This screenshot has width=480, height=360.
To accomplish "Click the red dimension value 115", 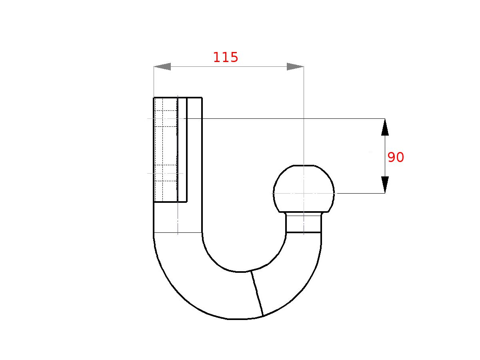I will pyautogui.click(x=225, y=58).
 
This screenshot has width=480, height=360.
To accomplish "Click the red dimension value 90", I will pyautogui.click(x=396, y=158).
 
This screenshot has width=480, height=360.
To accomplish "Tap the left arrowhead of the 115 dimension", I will pyautogui.click(x=162, y=67).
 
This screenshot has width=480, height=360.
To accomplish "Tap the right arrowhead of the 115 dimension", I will pyautogui.click(x=295, y=67).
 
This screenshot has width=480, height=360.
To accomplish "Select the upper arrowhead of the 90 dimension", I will pyautogui.click(x=385, y=127).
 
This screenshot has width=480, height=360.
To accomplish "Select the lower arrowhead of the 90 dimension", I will pyautogui.click(x=385, y=185).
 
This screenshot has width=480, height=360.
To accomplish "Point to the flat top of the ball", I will pyautogui.click(x=304, y=165).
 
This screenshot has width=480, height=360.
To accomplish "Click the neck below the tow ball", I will pyautogui.click(x=304, y=223).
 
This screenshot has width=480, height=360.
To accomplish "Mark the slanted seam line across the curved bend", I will pyautogui.click(x=257, y=294).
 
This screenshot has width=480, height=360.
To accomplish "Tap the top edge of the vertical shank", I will pyautogui.click(x=178, y=97).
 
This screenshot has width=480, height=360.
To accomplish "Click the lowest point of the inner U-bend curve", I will pyautogui.click(x=240, y=272).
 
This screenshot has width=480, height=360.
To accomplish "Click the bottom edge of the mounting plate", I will pyautogui.click(x=170, y=202).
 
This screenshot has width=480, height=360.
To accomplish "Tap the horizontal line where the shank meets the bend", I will pyautogui.click(x=178, y=232).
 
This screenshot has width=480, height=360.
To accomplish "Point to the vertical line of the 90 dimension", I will pyautogui.click(x=385, y=156).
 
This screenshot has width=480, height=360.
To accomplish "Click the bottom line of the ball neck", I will pyautogui.click(x=304, y=232).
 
